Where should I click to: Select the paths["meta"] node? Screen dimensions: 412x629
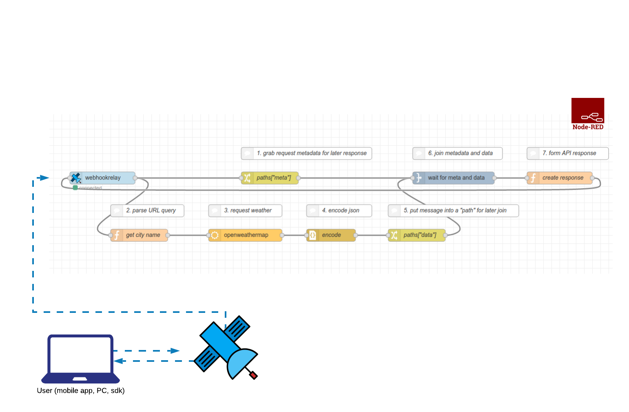click(x=270, y=178)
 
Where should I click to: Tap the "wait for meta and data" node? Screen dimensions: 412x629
click(x=453, y=178)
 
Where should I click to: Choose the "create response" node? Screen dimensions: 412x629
click(x=559, y=178)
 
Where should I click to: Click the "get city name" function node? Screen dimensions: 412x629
click(x=139, y=235)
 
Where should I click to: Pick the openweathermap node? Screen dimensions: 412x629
click(x=245, y=235)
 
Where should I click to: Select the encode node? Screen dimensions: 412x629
click(x=331, y=235)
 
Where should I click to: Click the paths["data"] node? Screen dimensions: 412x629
click(x=416, y=235)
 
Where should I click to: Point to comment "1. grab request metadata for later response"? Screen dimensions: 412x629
click(x=306, y=153)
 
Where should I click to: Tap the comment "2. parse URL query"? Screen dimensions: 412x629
click(x=147, y=210)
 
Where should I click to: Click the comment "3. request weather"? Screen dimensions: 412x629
click(x=245, y=210)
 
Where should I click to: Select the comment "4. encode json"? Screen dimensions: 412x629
click(x=339, y=210)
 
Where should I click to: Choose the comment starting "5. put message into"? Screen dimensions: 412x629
click(x=453, y=210)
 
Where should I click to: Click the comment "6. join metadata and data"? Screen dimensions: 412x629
click(x=457, y=153)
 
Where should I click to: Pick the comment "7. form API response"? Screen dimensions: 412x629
click(x=567, y=153)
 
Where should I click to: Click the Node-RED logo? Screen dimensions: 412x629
click(x=587, y=113)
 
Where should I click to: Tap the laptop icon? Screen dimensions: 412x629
click(x=80, y=358)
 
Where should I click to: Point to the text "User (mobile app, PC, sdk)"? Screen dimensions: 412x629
click(x=81, y=390)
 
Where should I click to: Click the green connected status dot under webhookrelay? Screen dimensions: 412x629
click(x=75, y=188)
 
